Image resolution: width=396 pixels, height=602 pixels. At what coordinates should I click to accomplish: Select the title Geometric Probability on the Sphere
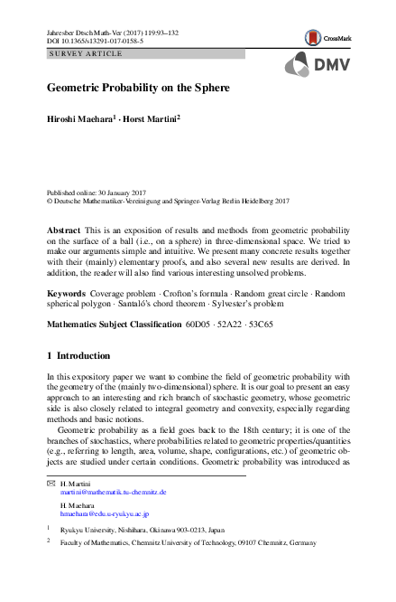click(x=138, y=89)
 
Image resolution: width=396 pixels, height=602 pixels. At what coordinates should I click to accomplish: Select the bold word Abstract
click(x=63, y=232)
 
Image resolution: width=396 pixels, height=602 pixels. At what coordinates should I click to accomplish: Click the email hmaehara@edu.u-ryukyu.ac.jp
click(x=105, y=513)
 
